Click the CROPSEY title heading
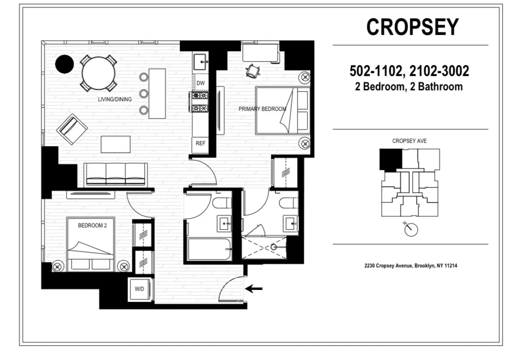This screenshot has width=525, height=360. (412, 27)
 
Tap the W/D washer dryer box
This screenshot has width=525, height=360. (139, 289)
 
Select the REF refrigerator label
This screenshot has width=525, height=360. (200, 143)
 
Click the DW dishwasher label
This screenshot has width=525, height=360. (200, 83)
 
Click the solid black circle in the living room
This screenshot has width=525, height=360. (64, 64)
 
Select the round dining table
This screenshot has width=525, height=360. (98, 73)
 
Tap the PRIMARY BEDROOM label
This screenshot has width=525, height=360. (262, 109)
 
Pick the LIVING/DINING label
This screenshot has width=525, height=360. (113, 99)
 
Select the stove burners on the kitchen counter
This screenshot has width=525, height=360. (199, 102)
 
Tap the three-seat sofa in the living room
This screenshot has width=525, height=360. (116, 173)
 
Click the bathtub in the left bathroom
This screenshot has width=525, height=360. (209, 248)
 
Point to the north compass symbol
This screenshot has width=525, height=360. (410, 230)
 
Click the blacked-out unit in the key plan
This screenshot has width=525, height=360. (390, 160)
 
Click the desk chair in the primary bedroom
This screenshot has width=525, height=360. (252, 71)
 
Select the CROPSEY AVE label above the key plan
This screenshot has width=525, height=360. (409, 141)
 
